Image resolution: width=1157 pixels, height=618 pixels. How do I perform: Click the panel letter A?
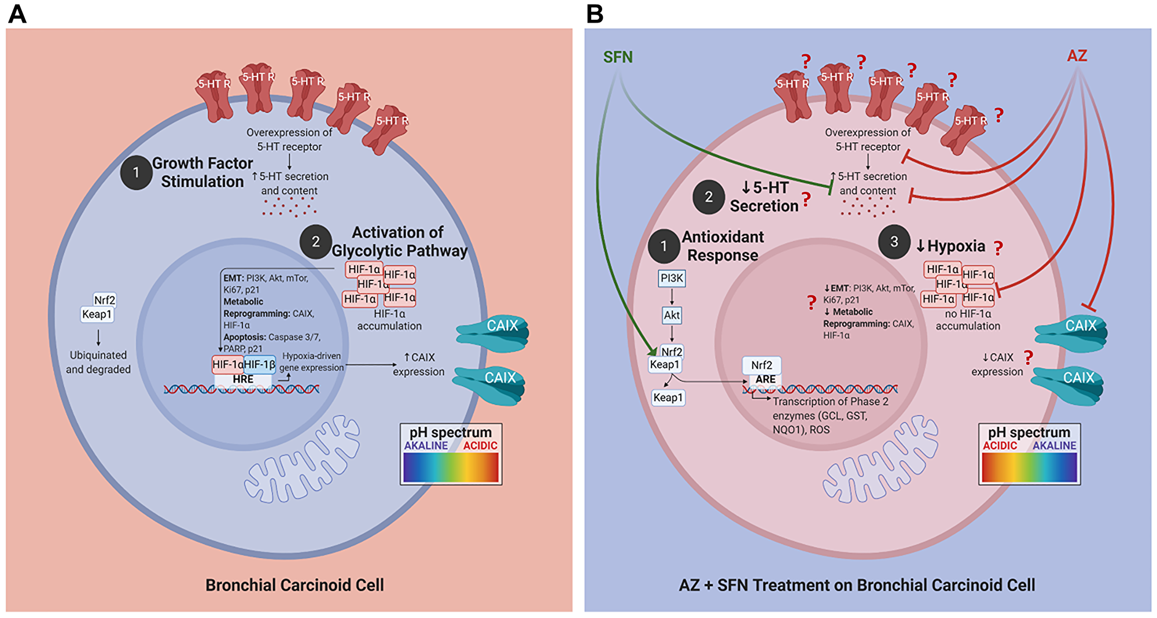click(17, 13)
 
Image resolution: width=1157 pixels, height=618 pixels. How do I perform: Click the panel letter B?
click(595, 13)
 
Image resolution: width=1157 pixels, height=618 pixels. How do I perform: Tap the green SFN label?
click(618, 57)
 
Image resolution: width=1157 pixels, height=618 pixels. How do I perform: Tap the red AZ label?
click(1077, 56)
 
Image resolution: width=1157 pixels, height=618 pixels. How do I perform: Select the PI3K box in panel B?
click(672, 278)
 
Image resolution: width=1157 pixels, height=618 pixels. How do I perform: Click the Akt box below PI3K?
click(672, 315)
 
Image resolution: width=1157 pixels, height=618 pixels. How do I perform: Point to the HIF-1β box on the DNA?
click(259, 365)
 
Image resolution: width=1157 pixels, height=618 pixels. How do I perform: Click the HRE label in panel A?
click(243, 379)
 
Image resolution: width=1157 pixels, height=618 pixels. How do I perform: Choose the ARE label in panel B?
click(765, 379)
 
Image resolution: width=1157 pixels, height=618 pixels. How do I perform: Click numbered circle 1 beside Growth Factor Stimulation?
click(136, 173)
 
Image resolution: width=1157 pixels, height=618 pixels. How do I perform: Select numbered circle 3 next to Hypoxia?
click(894, 242)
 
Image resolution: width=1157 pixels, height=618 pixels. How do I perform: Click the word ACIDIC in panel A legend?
click(480, 446)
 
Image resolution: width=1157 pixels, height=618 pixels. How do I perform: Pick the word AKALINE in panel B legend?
click(1054, 446)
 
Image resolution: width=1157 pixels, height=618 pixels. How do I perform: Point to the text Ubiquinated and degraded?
click(98, 362)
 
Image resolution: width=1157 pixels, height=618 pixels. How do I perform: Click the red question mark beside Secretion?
click(806, 200)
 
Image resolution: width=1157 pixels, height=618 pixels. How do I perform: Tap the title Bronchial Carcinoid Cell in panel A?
click(294, 585)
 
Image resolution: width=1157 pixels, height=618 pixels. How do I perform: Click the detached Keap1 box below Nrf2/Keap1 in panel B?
click(668, 398)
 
